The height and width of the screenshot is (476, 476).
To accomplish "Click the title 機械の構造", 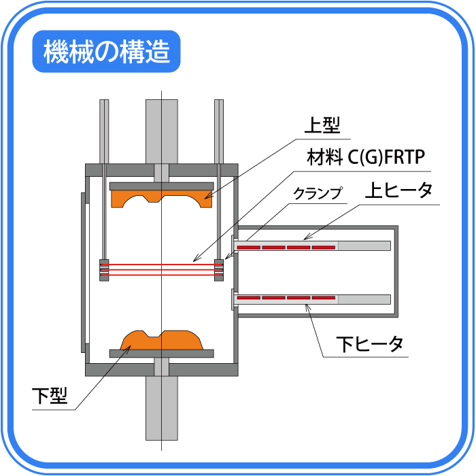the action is point(106,52).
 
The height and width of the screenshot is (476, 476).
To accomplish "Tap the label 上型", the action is point(322,125).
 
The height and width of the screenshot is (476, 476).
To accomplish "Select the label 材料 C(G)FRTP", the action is point(366,157).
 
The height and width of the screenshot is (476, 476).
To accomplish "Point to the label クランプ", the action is point(318,193).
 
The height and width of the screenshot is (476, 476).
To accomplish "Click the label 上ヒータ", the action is point(398,190).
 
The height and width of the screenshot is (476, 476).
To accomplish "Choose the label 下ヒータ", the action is point(370,344).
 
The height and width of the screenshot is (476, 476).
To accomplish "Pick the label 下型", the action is point(50,396).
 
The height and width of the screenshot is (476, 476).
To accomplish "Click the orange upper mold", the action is point(162,199).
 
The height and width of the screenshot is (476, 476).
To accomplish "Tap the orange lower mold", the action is point(162,340).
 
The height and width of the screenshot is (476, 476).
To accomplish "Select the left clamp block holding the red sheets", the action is point(104,270).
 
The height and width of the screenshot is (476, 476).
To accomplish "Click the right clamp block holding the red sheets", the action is point(219,270).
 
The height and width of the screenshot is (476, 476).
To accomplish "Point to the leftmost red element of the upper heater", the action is point(249,248).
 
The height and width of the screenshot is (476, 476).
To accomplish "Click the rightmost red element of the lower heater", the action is point(324,298).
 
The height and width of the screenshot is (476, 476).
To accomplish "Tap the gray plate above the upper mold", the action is point(162,186).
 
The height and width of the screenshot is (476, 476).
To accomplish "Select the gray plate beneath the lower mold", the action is point(162,354).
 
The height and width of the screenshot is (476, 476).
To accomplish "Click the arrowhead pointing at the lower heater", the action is point(307,308).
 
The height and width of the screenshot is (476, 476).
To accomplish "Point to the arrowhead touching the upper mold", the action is point(207,197).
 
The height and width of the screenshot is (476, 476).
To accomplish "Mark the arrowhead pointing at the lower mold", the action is point(128,348).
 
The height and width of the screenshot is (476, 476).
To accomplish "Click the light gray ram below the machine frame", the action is point(162,408).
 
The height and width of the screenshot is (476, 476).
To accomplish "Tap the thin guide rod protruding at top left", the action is point(104,132).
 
